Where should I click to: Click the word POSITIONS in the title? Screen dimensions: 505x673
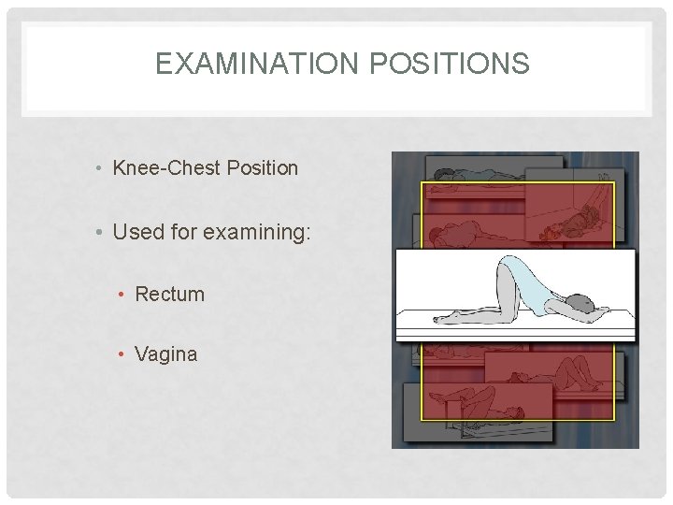(x=452, y=64)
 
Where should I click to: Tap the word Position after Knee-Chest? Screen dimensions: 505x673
(x=260, y=168)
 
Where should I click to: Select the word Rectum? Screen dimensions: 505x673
(x=169, y=294)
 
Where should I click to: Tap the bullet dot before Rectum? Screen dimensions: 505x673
(x=122, y=295)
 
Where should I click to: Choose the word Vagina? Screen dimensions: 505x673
(x=166, y=354)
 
